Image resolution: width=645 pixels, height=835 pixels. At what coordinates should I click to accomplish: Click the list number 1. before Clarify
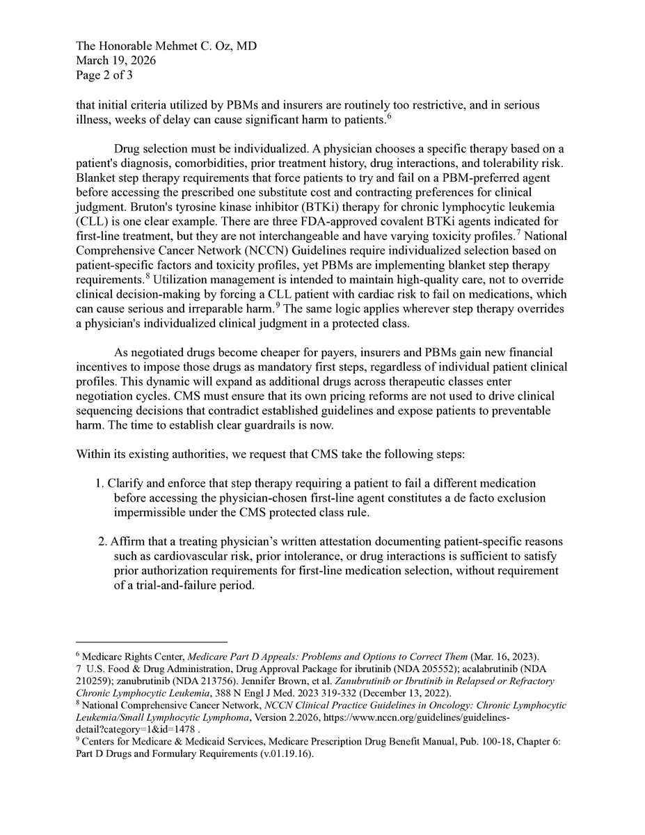[x=99, y=483]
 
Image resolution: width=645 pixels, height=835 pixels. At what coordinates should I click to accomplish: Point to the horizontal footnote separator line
[x=152, y=642]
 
